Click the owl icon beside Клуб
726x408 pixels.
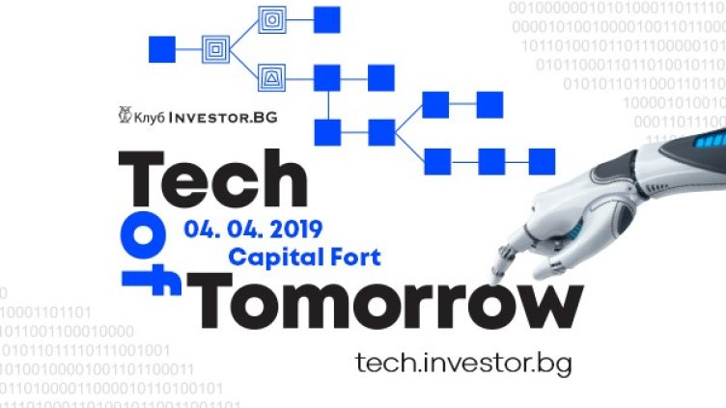coord(122,116)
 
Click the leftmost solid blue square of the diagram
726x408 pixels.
coord(159,45)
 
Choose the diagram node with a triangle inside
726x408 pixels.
coord(271,74)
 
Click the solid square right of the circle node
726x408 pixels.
coord(327,18)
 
